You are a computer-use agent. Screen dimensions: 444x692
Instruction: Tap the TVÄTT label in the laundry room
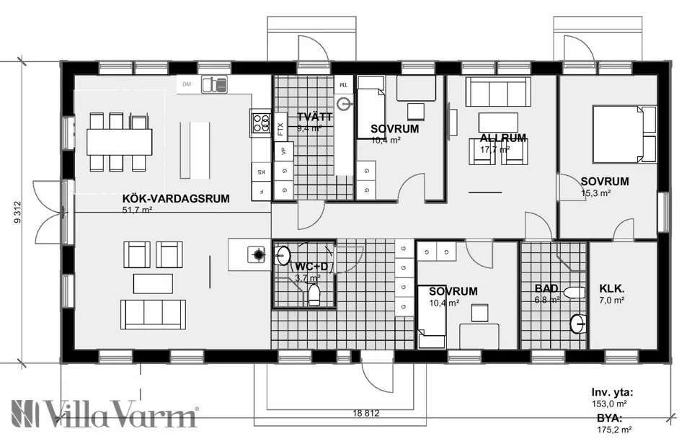click(x=314, y=117)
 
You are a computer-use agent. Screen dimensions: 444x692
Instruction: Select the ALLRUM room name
click(x=503, y=138)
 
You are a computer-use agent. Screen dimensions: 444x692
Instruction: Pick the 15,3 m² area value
click(x=595, y=193)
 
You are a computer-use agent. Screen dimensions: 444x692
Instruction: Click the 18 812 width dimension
click(x=367, y=414)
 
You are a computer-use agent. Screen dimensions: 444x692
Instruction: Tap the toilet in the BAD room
click(x=575, y=293)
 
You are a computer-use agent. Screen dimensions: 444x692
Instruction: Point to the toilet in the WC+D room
click(x=314, y=294)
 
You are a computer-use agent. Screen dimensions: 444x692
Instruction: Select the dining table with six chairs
click(x=120, y=141)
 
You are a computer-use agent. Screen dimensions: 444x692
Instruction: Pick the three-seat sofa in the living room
click(x=153, y=314)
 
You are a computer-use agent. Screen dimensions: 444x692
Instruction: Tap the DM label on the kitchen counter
click(x=187, y=85)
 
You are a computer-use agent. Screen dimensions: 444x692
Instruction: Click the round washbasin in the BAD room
click(x=577, y=324)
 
